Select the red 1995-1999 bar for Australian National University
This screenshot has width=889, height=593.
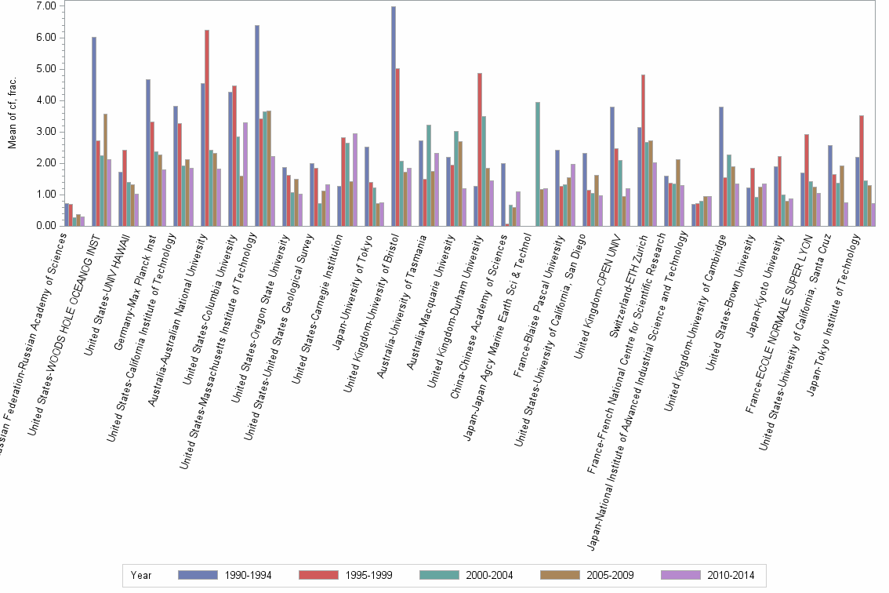click(x=207, y=129)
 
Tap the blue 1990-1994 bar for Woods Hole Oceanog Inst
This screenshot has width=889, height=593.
click(x=94, y=132)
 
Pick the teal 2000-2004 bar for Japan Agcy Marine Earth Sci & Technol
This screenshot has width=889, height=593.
click(x=537, y=165)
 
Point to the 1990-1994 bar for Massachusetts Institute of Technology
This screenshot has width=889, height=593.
click(x=256, y=126)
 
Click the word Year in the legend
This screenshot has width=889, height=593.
click(x=142, y=575)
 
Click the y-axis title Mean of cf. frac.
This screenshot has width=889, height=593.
click(x=11, y=116)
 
